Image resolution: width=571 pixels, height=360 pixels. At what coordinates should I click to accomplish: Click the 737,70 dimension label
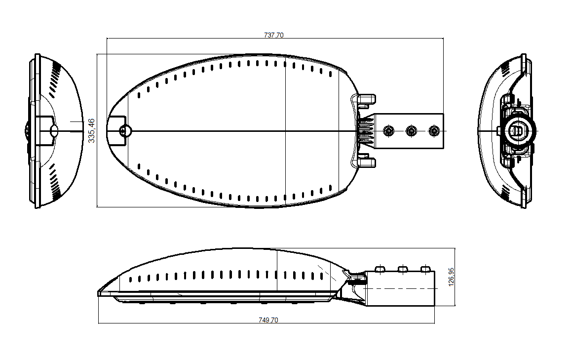[x=273, y=35]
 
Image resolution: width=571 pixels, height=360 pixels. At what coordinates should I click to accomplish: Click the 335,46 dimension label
[x=91, y=130]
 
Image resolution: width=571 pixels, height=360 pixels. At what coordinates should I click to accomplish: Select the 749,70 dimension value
[x=268, y=320]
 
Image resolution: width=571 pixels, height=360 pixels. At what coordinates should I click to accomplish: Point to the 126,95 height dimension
[x=451, y=277]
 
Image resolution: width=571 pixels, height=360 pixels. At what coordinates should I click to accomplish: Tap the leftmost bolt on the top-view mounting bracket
[x=388, y=130]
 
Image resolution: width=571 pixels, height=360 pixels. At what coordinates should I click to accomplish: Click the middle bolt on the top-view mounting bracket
[x=411, y=130]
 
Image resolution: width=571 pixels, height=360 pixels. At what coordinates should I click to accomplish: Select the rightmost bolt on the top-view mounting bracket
[x=434, y=130]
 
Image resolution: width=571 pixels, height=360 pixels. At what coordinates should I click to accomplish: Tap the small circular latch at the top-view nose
[x=125, y=130]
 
